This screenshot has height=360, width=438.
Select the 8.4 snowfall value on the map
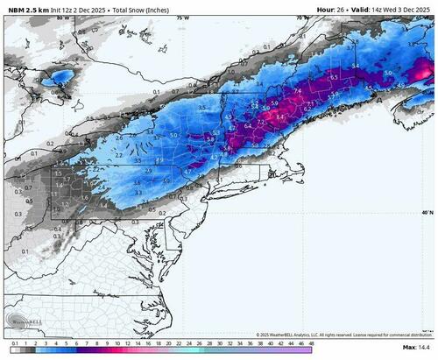pyautogui.click(x=280, y=115)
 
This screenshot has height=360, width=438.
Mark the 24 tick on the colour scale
pyautogui.click(x=201, y=345)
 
